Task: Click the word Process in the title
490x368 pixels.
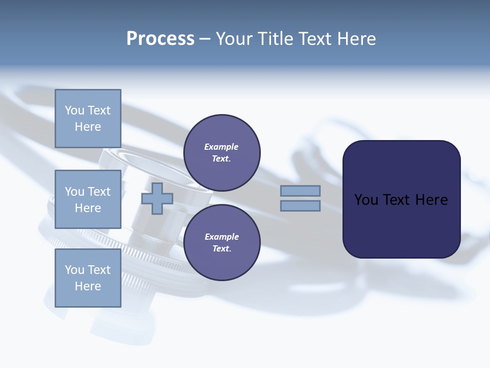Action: (x=160, y=39)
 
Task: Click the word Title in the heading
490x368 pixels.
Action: (x=276, y=39)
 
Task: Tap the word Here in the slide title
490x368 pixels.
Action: (x=355, y=39)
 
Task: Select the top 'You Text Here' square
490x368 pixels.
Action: (x=88, y=119)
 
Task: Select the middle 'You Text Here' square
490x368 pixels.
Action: (x=88, y=199)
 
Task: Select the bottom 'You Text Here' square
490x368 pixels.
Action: (x=88, y=278)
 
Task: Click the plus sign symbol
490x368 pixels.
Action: (x=157, y=199)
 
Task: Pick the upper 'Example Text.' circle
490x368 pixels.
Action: (x=222, y=153)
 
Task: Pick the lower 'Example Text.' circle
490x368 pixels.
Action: (x=222, y=243)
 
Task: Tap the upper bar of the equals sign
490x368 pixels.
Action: (x=300, y=191)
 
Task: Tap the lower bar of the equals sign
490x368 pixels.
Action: (x=300, y=206)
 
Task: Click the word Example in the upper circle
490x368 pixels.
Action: (x=222, y=147)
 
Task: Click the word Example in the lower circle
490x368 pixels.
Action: (x=222, y=237)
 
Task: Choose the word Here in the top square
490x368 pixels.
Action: (x=88, y=127)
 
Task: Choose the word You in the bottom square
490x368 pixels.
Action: (x=75, y=270)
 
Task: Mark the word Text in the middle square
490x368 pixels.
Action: (x=99, y=192)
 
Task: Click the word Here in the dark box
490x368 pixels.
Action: (x=432, y=200)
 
